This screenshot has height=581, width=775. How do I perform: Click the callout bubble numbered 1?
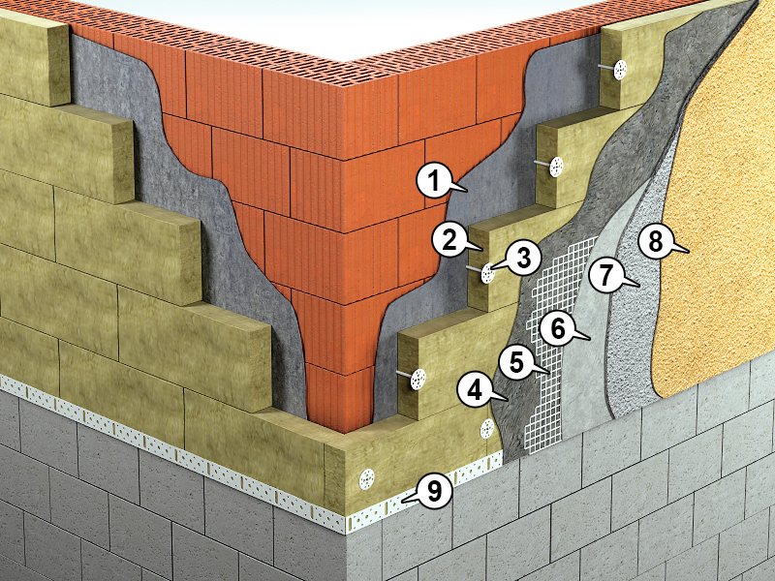pos(434,181)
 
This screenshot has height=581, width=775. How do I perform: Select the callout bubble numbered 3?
pos(524,257)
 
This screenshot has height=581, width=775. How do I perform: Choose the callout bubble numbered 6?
pos(558,328)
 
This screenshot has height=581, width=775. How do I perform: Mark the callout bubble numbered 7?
pos(606,275)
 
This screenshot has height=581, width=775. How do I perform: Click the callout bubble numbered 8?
pos(656,243)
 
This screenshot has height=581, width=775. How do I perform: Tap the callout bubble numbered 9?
pos(434,492)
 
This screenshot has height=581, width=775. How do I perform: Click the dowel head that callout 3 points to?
pos(488,273)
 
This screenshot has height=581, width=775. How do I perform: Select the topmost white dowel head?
pos(620,70)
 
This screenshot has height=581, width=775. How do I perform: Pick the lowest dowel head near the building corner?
pos(367,478)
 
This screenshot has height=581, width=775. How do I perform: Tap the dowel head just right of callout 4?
pos(487,428)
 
